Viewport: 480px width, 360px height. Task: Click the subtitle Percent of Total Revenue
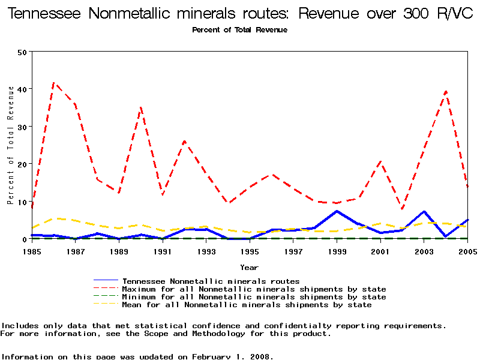239,30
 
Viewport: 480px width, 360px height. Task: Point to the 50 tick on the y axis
23,52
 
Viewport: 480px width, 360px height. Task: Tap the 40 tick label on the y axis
23,89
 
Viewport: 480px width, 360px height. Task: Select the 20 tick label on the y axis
23,164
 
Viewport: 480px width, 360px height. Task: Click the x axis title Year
250,267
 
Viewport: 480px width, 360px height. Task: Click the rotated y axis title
10,145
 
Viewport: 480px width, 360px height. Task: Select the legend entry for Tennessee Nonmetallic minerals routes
211,281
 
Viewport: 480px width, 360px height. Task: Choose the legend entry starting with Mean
247,305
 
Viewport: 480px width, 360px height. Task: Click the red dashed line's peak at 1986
54,83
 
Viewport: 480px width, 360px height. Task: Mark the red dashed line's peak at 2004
446,91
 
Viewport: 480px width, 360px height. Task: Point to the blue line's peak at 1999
337,211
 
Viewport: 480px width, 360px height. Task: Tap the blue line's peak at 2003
424,211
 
